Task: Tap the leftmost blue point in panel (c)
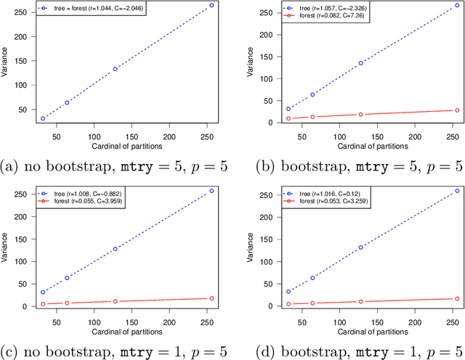coord(42,292)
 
